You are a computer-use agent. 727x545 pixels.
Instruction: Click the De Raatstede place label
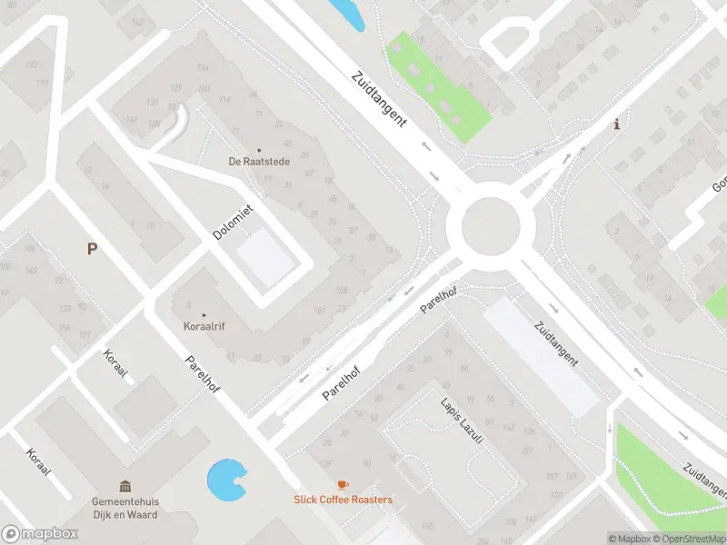pyautogui.click(x=258, y=163)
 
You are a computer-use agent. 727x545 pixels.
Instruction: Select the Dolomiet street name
pyautogui.click(x=233, y=222)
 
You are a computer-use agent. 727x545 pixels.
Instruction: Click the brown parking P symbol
pyautogui.click(x=92, y=248)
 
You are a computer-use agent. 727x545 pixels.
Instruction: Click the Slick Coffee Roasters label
pyautogui.click(x=343, y=500)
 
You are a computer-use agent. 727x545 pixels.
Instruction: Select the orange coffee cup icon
pyautogui.click(x=343, y=485)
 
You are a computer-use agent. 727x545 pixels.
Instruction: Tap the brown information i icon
pyautogui.click(x=618, y=124)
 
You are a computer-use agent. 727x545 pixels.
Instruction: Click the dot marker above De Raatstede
pyautogui.click(x=258, y=151)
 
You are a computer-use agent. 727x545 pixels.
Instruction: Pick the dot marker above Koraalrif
pyautogui.click(x=203, y=315)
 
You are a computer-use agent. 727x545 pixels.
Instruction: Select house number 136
pyautogui.click(x=202, y=68)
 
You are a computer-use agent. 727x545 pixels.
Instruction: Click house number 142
pyautogui.click(x=136, y=20)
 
